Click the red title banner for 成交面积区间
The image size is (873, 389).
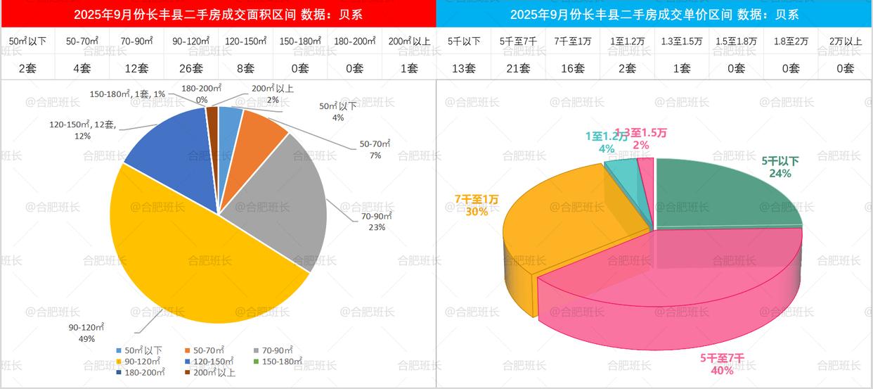218,14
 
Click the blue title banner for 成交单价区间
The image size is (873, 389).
654,14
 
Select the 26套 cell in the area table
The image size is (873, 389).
190,68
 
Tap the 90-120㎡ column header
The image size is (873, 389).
190,42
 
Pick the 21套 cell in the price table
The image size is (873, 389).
517,68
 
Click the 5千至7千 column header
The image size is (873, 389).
517,42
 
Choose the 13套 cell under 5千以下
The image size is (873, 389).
463,68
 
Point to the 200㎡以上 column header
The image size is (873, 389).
409,42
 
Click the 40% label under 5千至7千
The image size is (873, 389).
721,370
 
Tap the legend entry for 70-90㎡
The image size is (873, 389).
273,350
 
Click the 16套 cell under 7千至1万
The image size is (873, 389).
572,68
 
